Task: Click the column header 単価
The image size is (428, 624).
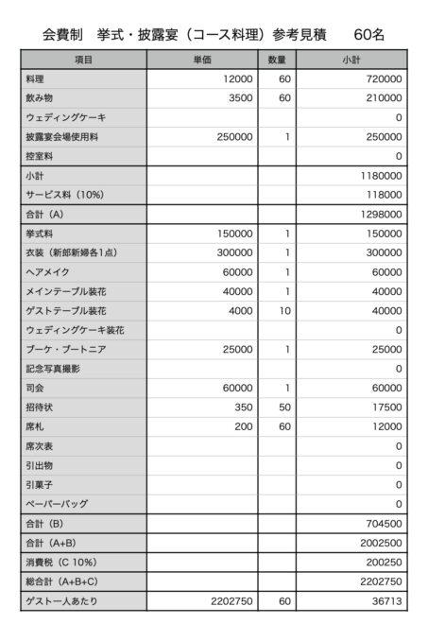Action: point(201,60)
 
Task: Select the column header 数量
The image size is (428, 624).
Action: point(277,60)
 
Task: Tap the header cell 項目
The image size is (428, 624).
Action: point(83,60)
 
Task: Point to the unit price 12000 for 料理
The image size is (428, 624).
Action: point(237,78)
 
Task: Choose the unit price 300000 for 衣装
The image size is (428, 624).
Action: point(234,252)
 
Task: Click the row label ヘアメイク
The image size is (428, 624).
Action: point(46,272)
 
